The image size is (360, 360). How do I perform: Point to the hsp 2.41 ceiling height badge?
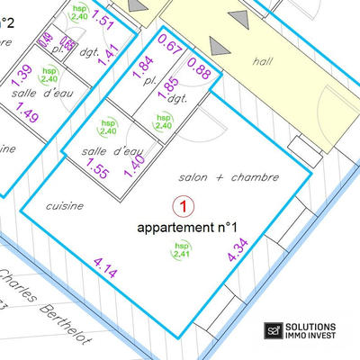pyautogui.click(x=182, y=251)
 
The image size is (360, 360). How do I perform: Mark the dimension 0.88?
pyautogui.click(x=200, y=74)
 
